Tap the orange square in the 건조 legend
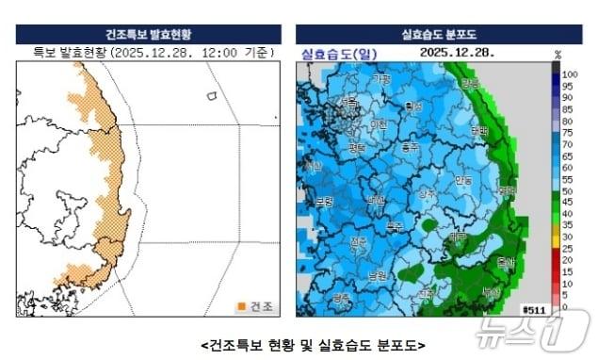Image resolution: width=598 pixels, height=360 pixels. (242, 305)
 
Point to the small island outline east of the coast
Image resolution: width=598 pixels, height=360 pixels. (213, 96)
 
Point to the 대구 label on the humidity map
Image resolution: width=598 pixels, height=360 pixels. (458, 237)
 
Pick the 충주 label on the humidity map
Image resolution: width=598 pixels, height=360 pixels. (409, 147)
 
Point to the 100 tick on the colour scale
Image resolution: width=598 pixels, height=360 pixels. (569, 73)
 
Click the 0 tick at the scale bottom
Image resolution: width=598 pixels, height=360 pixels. (564, 307)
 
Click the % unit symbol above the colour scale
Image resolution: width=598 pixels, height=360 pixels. (558, 54)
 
